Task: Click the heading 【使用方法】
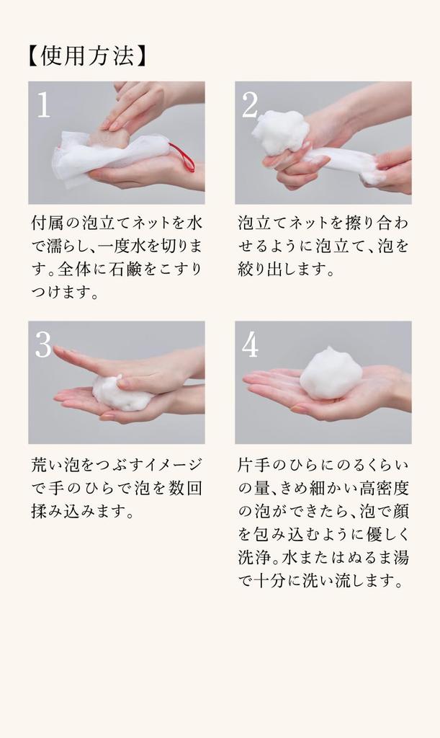87,56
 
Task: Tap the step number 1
43,106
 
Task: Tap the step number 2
249,106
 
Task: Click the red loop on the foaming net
184,157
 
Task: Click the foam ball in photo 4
331,373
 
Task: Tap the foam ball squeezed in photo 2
280,131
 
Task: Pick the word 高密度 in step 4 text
381,488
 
